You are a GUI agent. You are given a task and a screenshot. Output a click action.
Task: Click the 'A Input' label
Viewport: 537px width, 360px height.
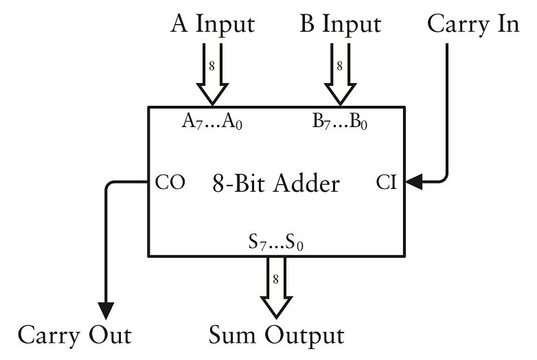[213, 24]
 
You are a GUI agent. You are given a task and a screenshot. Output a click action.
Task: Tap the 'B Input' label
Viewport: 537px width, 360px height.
[340, 24]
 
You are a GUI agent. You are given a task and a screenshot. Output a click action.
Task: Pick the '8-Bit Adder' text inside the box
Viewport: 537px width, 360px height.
[275, 183]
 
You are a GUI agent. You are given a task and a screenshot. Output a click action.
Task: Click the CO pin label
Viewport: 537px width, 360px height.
[170, 183]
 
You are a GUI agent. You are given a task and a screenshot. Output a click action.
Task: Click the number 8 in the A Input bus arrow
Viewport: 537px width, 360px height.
[212, 67]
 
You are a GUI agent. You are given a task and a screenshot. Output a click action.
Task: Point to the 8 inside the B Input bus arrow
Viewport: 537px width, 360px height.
[339, 67]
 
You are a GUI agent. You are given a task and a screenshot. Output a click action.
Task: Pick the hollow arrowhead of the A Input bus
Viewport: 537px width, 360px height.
[212, 93]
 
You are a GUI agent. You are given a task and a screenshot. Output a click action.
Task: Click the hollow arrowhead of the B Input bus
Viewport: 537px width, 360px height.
[339, 93]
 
